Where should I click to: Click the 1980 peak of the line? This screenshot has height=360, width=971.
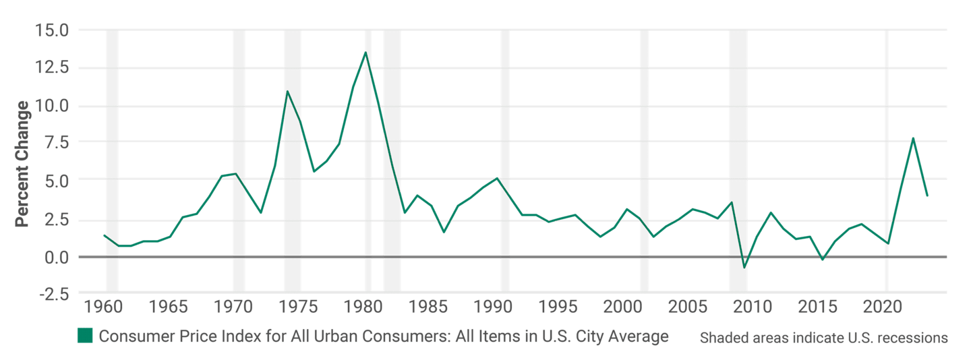click(365, 52)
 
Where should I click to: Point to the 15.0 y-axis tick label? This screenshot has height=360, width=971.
click(53, 30)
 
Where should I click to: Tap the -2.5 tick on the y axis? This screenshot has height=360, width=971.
click(53, 295)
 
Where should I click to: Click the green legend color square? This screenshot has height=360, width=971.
click(85, 336)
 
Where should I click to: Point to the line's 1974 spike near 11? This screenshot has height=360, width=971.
click(287, 91)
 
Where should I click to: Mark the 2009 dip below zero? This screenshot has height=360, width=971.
click(744, 268)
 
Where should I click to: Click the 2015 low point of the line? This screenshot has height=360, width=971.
click(823, 259)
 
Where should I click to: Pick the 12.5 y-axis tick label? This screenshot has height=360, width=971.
click(53, 68)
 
